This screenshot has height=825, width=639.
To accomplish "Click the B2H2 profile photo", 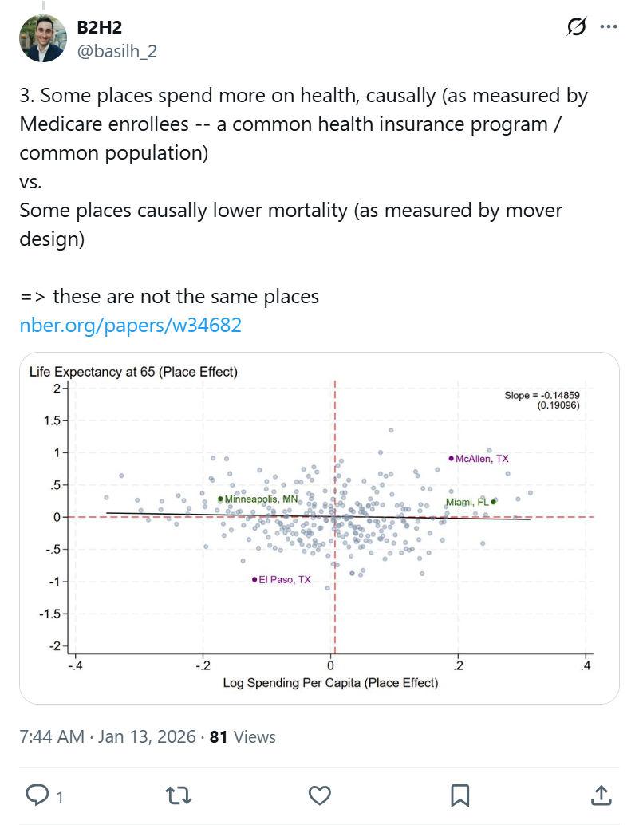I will click(x=44, y=37).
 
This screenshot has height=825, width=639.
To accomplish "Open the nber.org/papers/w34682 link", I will click(x=130, y=326).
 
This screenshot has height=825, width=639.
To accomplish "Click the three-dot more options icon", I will click(x=609, y=27).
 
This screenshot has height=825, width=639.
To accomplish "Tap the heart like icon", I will click(x=320, y=795).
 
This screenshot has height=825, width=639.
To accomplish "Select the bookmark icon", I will click(x=460, y=795).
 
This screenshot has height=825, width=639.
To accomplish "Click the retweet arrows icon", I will click(x=179, y=795).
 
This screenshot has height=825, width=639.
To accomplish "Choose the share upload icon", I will click(x=601, y=795).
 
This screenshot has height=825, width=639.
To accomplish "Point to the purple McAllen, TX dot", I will click(x=451, y=459).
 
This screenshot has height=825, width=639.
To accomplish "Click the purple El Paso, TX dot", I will click(x=254, y=580).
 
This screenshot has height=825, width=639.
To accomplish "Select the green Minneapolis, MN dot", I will click(x=220, y=499).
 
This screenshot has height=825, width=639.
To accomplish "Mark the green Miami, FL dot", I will click(x=493, y=502).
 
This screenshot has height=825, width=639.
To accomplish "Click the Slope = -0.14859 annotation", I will click(x=542, y=396).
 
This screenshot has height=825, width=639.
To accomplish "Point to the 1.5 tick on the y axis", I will click(x=54, y=420).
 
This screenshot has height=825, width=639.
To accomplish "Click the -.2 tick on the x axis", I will click(x=203, y=665).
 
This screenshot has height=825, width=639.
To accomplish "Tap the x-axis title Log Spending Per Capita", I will click(x=330, y=682).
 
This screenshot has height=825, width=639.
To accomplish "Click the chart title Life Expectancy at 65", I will click(x=133, y=372).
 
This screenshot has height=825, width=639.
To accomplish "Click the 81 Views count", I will click(x=243, y=736).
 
